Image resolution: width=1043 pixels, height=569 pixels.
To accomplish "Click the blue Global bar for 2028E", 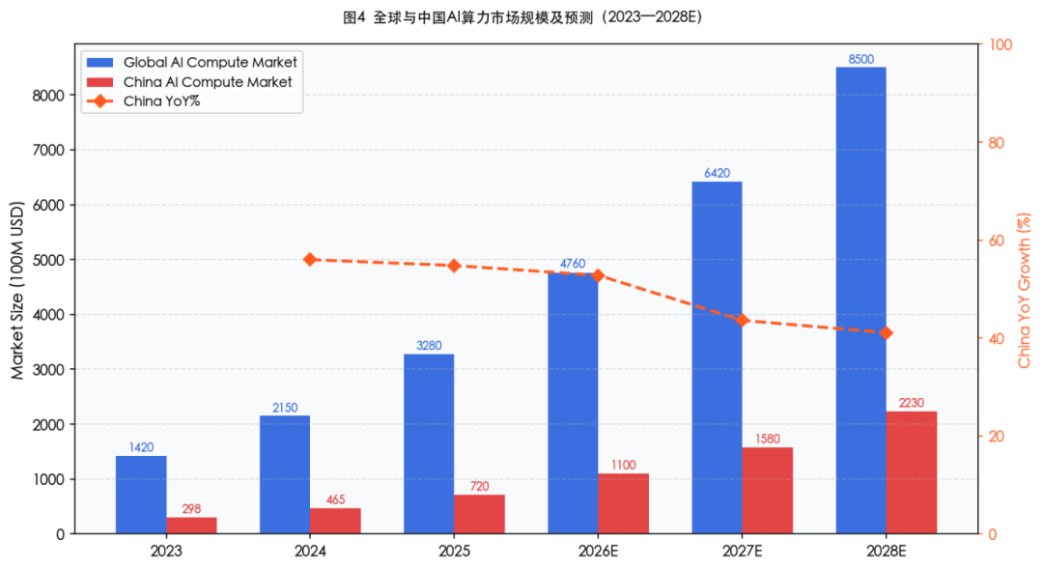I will pos(860,299).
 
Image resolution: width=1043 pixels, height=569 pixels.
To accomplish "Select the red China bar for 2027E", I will pos(767,490).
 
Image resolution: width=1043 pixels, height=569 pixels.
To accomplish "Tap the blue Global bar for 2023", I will pos(141,494).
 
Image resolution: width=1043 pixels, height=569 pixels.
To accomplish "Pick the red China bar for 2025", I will pos(479,514).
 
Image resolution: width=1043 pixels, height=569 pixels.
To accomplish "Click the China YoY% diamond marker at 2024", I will pos(310,260).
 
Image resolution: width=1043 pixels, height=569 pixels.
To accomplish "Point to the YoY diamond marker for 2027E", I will pos(742,320).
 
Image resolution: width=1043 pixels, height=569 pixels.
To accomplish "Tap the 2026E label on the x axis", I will pos(597,552).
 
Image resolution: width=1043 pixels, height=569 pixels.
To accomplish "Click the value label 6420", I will pos(717,174).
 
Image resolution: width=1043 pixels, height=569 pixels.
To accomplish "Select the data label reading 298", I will pos(191,509).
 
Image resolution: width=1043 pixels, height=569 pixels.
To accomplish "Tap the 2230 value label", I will pos(912,403).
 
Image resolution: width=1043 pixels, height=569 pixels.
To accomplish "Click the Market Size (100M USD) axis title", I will pos(17,290).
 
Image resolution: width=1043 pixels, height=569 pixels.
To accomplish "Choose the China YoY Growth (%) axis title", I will pos(1025,290).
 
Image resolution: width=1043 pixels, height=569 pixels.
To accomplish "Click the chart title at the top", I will pos(521,17).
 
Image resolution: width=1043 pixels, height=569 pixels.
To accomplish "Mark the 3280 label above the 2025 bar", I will pos(429,346).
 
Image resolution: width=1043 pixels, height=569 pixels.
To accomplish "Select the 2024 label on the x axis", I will pos(310,552).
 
